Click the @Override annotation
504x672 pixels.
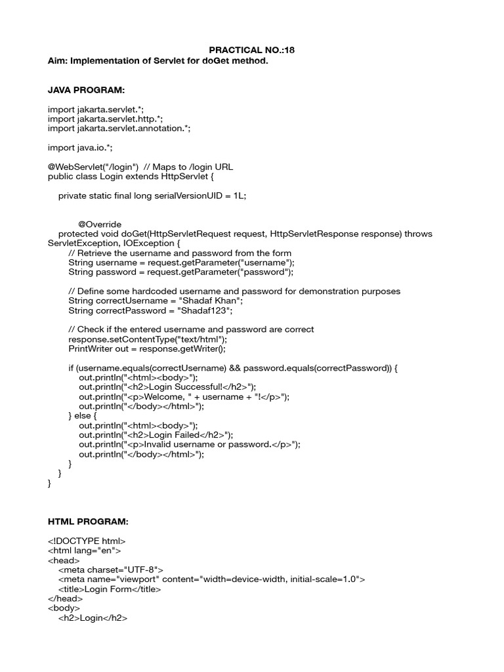[100, 224]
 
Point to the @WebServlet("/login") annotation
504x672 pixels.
[93, 167]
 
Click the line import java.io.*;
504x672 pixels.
[75, 148]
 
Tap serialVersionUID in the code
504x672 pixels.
[187, 196]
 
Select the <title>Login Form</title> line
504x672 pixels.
[110, 589]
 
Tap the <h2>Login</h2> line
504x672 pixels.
[93, 618]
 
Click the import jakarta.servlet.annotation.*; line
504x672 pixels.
[119, 129]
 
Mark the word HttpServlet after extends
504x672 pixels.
[182, 177]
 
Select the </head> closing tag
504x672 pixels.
[65, 598]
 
